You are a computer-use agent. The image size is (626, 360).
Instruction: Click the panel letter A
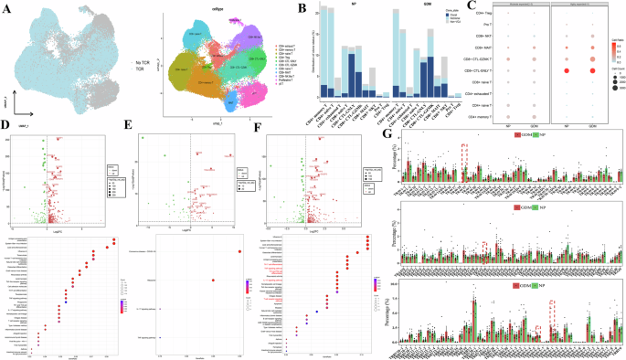[x=5, y=6]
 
